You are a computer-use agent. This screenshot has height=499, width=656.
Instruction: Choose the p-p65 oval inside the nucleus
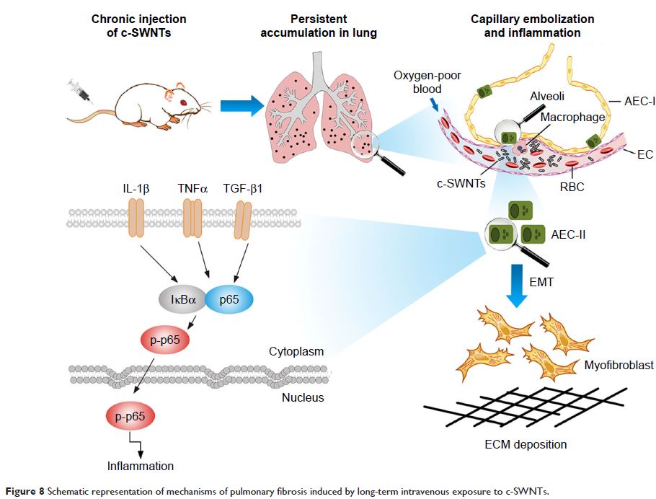coord(130,417)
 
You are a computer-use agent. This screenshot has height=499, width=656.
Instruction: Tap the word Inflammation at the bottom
coord(142,465)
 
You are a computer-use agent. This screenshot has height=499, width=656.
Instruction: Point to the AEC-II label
coord(574,234)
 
